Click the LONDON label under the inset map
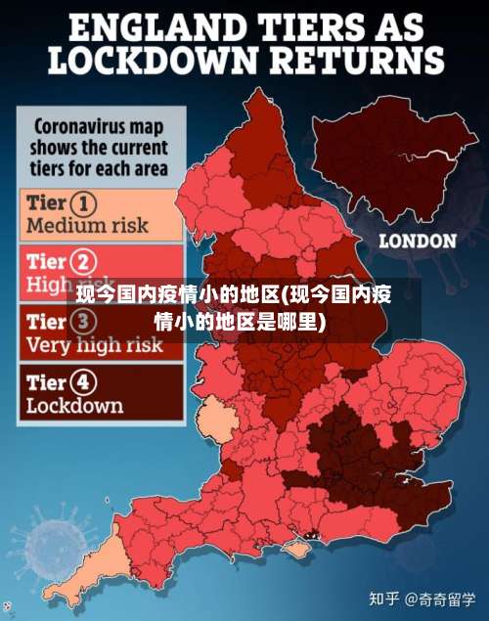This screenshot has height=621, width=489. (418, 240)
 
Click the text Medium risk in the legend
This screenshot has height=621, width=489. (87, 225)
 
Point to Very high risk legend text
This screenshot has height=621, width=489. (94, 344)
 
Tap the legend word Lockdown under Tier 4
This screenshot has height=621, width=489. (74, 404)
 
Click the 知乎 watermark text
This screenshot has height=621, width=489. (385, 598)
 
